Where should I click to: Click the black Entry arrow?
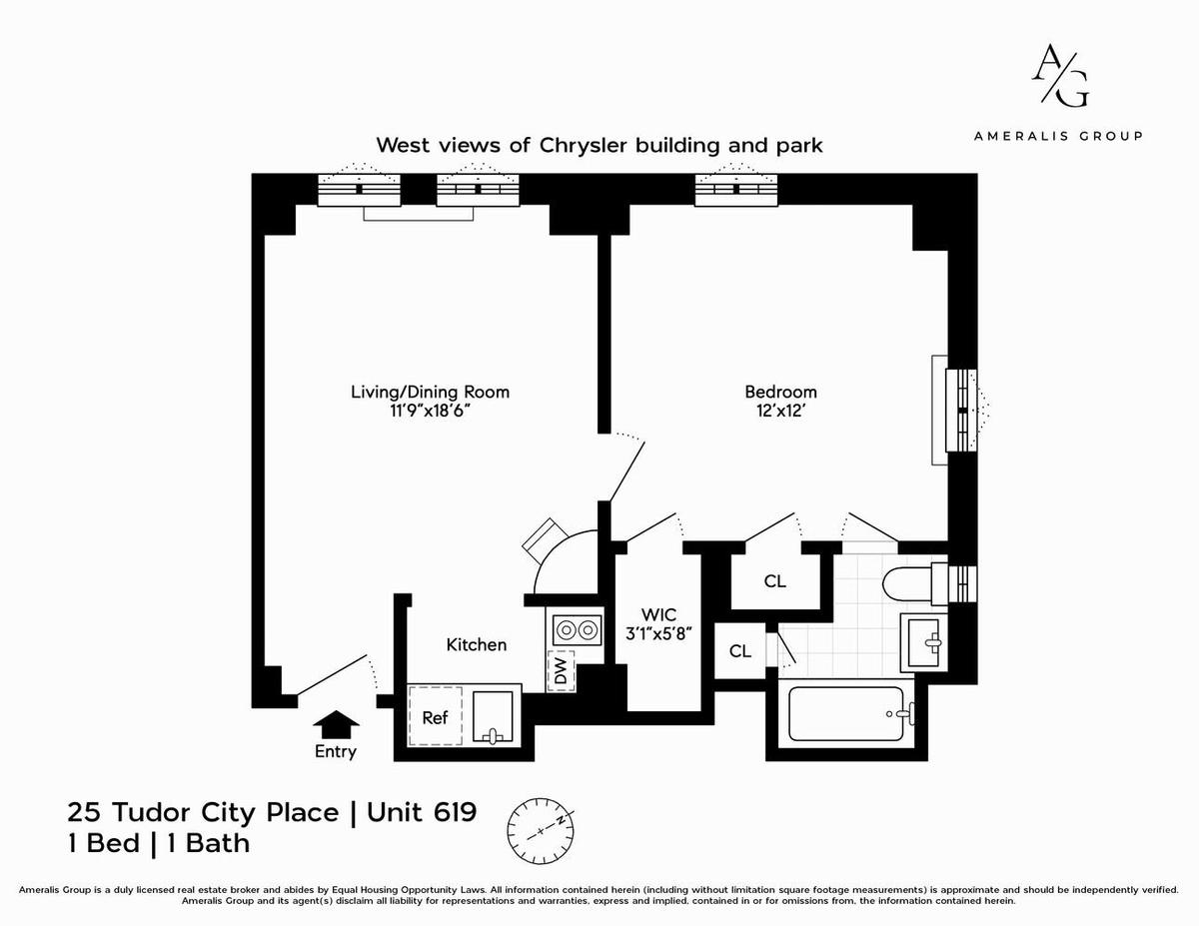336,723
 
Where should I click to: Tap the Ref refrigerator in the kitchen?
435,716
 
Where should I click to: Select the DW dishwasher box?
561,671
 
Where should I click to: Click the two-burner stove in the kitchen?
577,629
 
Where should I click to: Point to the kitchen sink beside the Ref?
493,717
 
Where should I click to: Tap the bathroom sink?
923,642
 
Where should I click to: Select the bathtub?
846,713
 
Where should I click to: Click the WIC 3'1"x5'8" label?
658,623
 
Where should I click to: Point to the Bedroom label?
780,392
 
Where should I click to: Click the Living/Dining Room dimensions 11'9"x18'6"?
430,411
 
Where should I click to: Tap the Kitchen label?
477,644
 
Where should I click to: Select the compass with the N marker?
541,830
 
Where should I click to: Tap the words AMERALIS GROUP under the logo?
1058,136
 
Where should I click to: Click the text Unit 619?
422,812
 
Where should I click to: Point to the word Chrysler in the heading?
584,146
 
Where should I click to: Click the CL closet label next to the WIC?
740,651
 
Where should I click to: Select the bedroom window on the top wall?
736,188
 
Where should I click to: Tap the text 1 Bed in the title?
104,844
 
